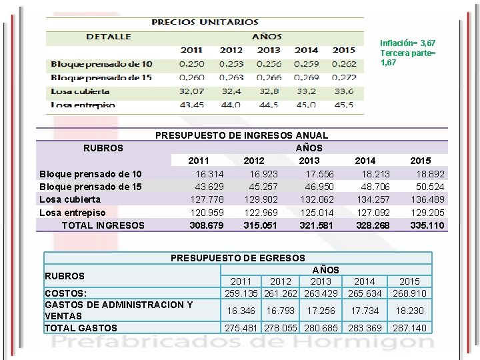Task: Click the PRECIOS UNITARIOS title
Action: pyautogui.click(x=205, y=21)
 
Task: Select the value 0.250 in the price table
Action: pyautogui.click(x=192, y=64)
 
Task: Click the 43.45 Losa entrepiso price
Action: pyautogui.click(x=192, y=105)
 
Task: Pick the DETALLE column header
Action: pyautogui.click(x=109, y=36)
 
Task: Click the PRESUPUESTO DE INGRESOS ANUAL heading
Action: pyautogui.click(x=241, y=135)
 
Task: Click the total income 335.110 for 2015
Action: pyautogui.click(x=427, y=225)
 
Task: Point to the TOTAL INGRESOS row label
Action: pyautogui.click(x=103, y=225)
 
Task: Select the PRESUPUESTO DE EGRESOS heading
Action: pyautogui.click(x=238, y=258)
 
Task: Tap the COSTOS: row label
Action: pyautogui.click(x=64, y=293)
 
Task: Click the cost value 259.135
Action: pyautogui.click(x=241, y=293)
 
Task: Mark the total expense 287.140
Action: pyautogui.click(x=409, y=328)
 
